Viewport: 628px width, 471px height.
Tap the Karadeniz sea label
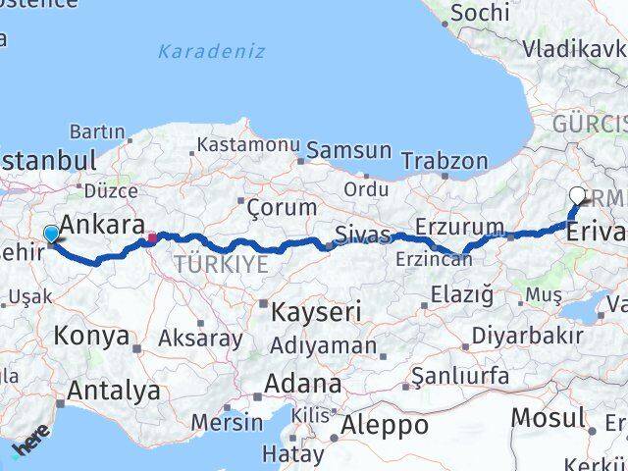point(212,51)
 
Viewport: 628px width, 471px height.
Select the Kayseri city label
point(316,312)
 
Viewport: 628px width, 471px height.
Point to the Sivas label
point(362,235)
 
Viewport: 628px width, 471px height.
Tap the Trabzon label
point(445,160)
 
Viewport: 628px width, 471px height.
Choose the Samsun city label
point(348,151)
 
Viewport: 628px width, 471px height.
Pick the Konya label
point(91,337)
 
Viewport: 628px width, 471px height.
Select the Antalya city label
point(114,391)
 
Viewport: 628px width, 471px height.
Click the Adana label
point(307,384)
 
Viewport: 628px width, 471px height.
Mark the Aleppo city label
point(384,426)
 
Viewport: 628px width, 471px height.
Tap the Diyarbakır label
point(527,335)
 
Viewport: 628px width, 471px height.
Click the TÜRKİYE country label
point(221,263)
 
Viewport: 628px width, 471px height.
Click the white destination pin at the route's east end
point(578,195)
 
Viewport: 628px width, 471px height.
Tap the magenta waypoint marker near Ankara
point(151,236)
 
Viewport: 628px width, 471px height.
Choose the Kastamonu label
point(247,145)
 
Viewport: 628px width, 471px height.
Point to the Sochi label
point(479,13)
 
